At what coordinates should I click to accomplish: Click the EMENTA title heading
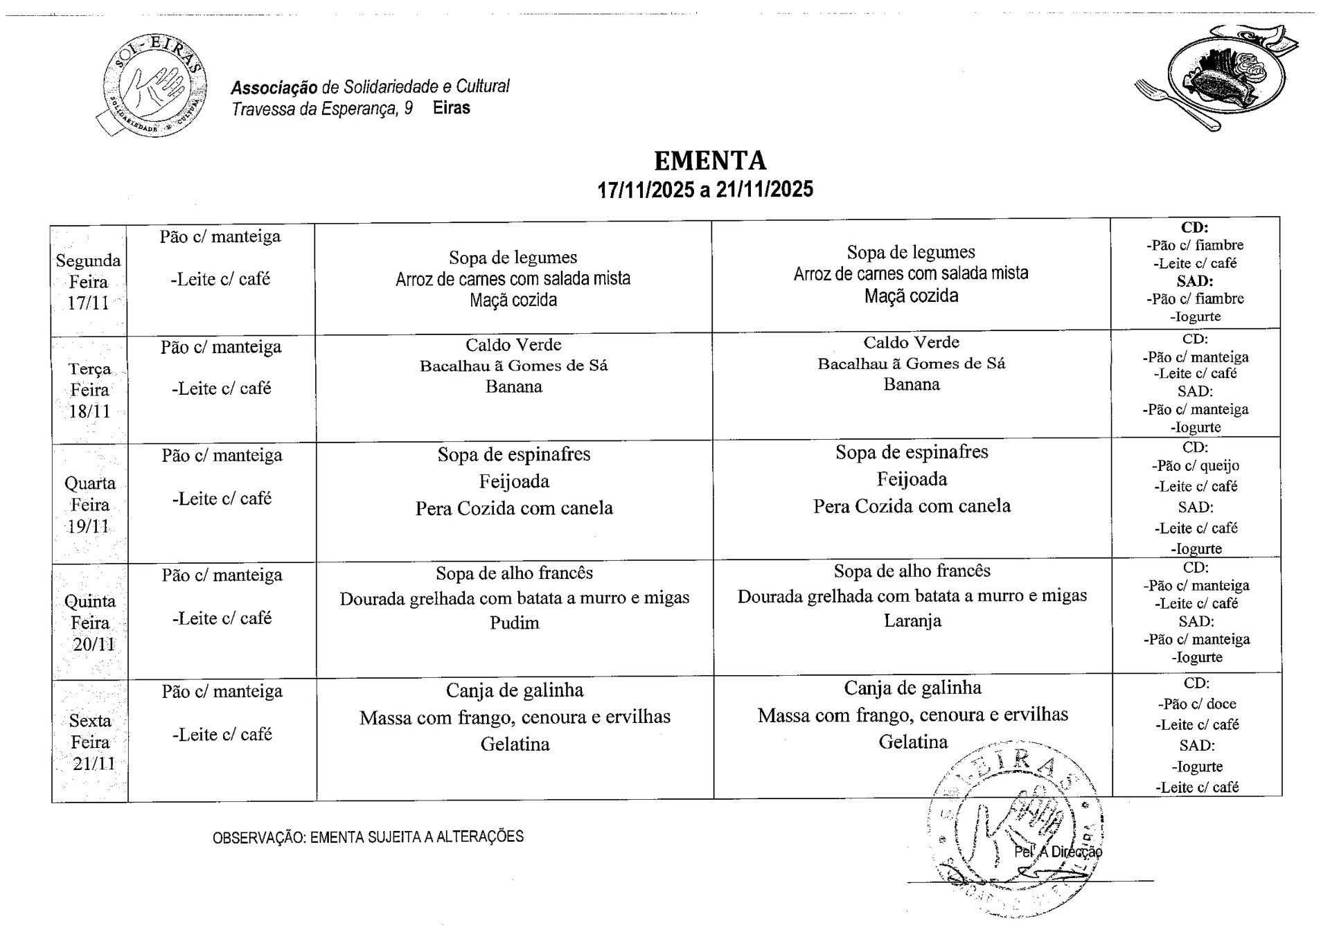coord(710,161)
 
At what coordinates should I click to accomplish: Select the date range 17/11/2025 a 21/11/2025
coord(705,190)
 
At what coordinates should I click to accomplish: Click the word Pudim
coord(514,623)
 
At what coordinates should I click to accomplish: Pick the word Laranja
coord(912,620)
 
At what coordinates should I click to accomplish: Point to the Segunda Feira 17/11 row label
coord(89,282)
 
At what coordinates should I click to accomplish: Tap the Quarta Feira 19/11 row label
coord(90,505)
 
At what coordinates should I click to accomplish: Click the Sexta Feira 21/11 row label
coord(90,742)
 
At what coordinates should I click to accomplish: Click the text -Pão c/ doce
coord(1196,704)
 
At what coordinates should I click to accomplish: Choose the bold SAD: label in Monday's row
coord(1195,281)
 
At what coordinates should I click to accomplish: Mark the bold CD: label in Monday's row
coord(1194,227)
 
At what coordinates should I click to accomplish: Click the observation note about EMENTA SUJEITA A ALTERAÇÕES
coord(368,837)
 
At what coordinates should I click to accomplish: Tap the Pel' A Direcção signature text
coord(1058,852)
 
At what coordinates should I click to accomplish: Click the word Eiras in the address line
coord(451,108)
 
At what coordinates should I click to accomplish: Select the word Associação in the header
coord(274,88)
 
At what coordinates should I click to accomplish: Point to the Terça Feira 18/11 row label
coord(90,390)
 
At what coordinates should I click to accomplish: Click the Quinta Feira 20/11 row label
coord(90,623)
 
